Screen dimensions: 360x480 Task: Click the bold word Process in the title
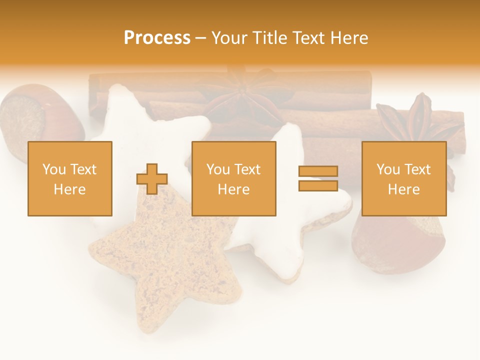(157, 38)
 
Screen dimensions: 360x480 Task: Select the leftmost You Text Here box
(70, 179)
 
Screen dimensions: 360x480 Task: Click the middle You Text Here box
(234, 179)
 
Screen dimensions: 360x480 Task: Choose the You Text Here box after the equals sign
(404, 179)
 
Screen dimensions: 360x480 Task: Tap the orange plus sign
(152, 179)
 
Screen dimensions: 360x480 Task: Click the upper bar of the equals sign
(318, 171)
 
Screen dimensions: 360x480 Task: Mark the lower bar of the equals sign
(318, 185)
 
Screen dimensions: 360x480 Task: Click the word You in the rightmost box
(388, 169)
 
